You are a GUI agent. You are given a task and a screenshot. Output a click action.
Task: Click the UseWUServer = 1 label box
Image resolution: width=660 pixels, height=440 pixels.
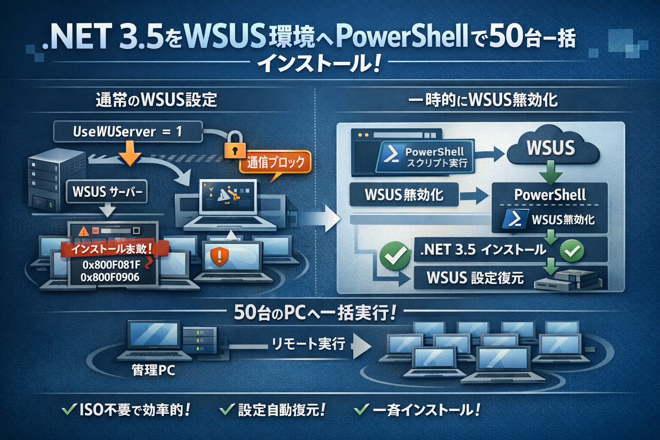[x=128, y=131]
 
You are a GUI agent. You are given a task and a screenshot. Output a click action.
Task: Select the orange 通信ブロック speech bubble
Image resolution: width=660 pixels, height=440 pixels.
[x=275, y=162]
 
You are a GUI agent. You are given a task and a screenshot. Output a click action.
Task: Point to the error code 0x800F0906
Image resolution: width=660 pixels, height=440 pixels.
[x=110, y=277]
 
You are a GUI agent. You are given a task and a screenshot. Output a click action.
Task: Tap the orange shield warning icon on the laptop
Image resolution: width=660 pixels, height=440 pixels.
[x=220, y=256]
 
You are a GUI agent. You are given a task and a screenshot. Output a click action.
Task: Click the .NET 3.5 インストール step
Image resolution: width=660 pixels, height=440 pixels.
[x=483, y=250]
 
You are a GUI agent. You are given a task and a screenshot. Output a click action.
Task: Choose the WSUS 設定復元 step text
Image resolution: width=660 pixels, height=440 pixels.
[x=475, y=278]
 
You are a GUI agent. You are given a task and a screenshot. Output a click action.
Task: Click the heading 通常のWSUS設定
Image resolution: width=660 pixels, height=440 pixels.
[x=156, y=100]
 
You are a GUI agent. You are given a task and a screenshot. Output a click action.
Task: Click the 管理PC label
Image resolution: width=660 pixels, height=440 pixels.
[x=153, y=370]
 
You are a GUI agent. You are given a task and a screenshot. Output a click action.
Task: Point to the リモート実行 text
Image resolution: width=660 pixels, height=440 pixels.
[x=309, y=344]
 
